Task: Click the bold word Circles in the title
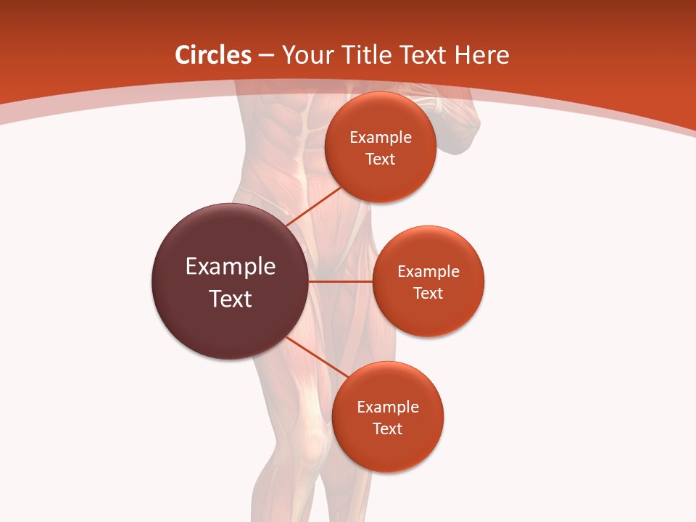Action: (213, 55)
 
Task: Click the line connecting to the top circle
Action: (314, 207)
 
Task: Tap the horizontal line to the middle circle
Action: (341, 281)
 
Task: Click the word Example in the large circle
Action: (231, 267)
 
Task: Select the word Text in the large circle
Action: (231, 299)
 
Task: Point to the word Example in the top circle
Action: (381, 138)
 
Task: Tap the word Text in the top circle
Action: (380, 159)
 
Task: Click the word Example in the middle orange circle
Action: (428, 272)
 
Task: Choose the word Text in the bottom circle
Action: (387, 429)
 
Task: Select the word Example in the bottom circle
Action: (388, 407)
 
